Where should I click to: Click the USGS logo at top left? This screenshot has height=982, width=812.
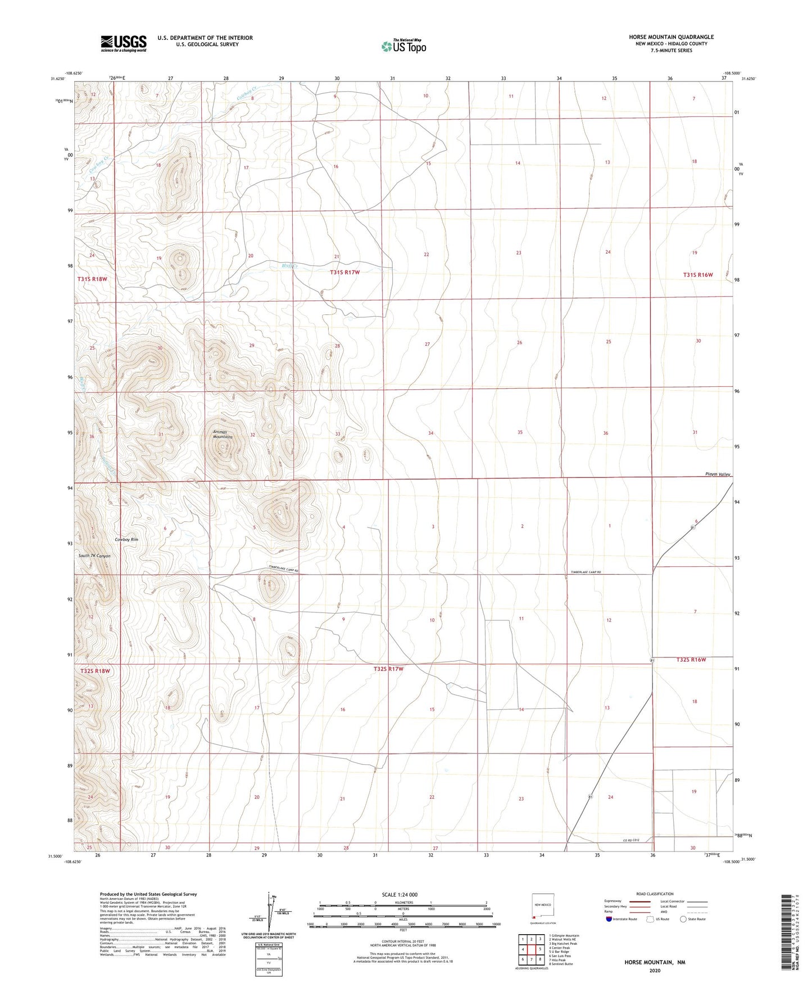point(124,43)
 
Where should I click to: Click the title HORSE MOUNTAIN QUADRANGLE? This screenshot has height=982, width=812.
point(671,37)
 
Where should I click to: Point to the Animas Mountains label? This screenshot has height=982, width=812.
point(223,434)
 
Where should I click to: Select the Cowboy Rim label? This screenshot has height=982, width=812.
point(126,539)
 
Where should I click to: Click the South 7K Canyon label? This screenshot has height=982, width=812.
point(94,556)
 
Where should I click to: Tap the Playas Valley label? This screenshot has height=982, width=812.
point(718,474)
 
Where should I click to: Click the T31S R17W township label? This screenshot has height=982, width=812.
point(344,272)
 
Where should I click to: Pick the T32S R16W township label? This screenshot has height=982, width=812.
point(691,660)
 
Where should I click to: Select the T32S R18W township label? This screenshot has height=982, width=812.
point(94,671)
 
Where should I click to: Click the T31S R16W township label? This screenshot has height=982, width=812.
point(698,275)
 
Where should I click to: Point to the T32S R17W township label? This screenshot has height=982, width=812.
point(388,669)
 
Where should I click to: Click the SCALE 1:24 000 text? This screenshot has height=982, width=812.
point(400,895)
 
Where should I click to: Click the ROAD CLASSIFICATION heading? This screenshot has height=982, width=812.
point(655,894)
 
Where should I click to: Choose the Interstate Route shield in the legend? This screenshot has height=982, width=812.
point(609,920)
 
